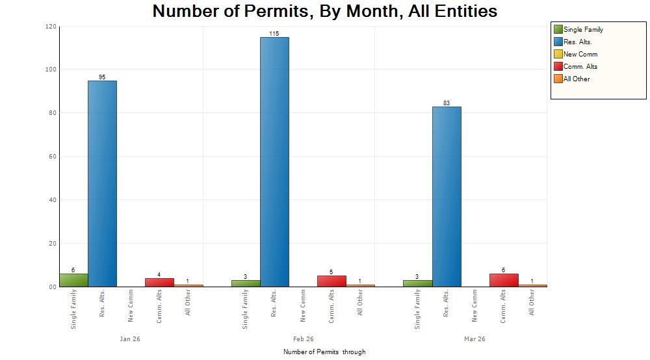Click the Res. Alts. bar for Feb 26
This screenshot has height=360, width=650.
274,162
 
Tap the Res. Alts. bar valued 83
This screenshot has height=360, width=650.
447,196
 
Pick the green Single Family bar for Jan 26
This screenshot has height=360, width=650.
73,280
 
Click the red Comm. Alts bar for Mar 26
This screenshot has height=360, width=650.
504,280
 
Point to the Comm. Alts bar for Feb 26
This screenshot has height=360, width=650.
331,281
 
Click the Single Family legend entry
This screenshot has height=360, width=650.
583,29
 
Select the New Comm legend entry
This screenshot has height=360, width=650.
580,54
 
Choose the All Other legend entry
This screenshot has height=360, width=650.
577,79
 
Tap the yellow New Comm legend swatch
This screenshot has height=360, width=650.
558,54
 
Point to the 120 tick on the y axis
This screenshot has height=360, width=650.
51,27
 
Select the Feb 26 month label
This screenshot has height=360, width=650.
303,339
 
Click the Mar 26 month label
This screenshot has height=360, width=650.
474,339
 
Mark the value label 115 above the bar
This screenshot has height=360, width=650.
274,33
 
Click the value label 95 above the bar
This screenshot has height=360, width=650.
102,77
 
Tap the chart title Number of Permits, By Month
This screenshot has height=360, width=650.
325,11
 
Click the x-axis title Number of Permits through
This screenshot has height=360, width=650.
324,352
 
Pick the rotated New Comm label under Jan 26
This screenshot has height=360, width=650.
131,306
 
